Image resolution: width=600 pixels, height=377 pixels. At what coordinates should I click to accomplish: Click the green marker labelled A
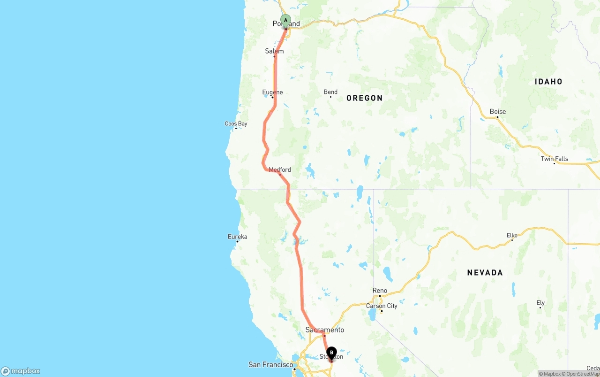tap(285, 21)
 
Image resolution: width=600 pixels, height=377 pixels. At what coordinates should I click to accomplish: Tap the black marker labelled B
tap(331, 353)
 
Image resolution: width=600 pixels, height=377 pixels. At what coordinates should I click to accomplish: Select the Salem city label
tap(274, 51)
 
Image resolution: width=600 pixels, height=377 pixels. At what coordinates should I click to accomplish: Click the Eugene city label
tap(272, 92)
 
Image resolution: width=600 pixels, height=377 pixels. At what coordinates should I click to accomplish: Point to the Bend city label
tap(330, 92)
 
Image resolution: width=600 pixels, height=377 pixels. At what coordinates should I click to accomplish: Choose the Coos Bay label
tap(236, 124)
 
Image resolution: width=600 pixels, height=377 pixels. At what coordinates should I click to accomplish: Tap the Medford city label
tap(280, 170)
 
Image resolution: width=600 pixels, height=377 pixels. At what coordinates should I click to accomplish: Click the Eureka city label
tap(237, 237)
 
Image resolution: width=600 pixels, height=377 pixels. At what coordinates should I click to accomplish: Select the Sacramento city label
tap(325, 330)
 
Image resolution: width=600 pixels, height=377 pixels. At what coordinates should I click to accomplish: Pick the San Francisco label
tap(270, 365)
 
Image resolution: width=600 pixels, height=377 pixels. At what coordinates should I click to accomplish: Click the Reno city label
tap(380, 291)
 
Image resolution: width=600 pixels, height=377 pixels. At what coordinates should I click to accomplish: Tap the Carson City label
tap(382, 306)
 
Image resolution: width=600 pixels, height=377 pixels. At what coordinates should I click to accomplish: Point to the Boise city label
tap(498, 112)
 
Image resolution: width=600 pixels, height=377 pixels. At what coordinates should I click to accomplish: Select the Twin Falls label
tap(555, 159)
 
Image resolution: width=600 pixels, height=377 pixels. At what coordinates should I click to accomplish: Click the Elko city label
tap(512, 235)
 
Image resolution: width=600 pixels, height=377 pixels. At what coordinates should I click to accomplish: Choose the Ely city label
tap(540, 303)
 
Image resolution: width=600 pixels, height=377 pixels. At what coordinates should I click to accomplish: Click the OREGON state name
tap(365, 98)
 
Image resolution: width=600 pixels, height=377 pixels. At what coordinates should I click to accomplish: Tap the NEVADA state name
tap(485, 272)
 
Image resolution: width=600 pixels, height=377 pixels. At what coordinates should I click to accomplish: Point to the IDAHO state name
tap(548, 82)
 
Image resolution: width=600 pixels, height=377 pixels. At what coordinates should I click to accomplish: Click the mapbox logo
tap(21, 371)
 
